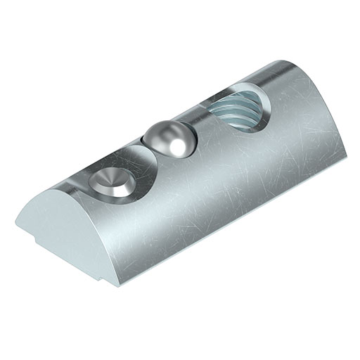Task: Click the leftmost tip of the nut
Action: (15, 224)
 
